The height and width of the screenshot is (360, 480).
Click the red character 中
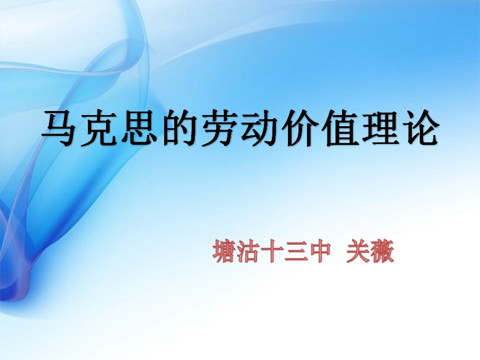pos(319,251)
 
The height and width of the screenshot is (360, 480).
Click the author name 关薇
pos(370,251)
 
